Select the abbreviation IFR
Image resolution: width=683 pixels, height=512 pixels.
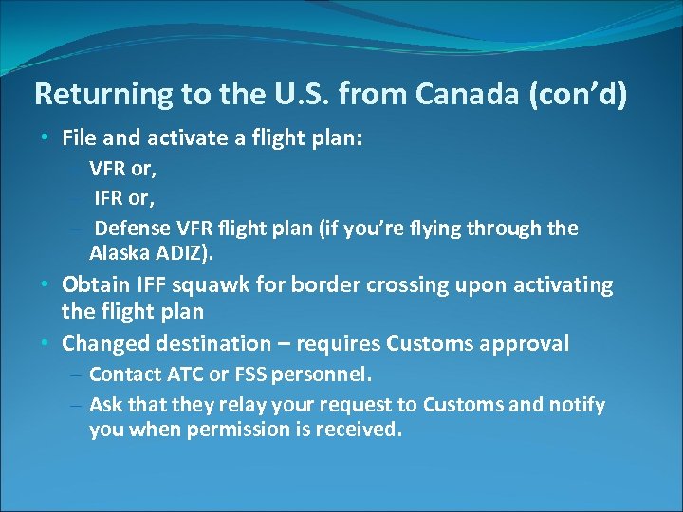tap(111, 198)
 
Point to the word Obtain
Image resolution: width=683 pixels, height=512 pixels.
tap(94, 285)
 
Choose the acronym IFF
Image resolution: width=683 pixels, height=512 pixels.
tap(151, 285)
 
